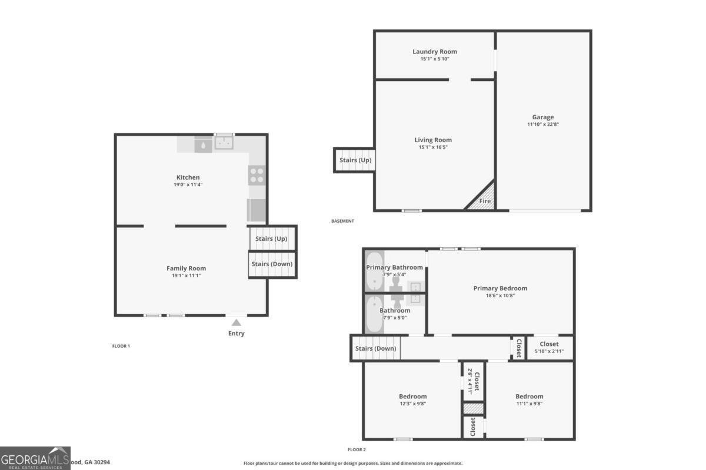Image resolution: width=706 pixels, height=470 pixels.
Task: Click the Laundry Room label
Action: click(x=434, y=52)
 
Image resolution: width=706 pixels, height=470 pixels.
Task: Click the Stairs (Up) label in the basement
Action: click(x=355, y=160)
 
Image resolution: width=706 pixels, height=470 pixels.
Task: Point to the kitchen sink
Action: click(x=224, y=143)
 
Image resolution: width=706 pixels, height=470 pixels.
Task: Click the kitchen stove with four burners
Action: click(x=257, y=174)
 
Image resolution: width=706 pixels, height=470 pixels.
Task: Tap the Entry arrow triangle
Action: click(x=236, y=322)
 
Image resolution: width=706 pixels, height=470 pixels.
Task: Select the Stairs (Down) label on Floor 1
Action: click(x=272, y=264)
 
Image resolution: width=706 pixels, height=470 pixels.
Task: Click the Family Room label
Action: click(x=186, y=268)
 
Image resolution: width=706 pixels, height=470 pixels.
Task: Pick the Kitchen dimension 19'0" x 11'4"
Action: click(x=188, y=184)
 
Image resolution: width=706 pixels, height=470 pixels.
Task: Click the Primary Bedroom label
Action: click(x=500, y=288)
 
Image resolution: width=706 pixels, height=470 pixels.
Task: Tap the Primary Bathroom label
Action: click(x=394, y=267)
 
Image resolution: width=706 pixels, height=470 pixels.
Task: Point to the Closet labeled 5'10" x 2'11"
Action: click(x=550, y=347)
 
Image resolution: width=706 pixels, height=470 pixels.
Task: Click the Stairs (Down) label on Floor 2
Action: click(x=375, y=348)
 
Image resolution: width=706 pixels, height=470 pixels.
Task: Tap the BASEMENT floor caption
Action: click(x=343, y=221)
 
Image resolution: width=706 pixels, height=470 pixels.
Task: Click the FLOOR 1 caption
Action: click(x=121, y=346)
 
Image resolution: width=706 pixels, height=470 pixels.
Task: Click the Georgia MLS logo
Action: click(x=35, y=458)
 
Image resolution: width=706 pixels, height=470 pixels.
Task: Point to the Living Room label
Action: click(x=433, y=140)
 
